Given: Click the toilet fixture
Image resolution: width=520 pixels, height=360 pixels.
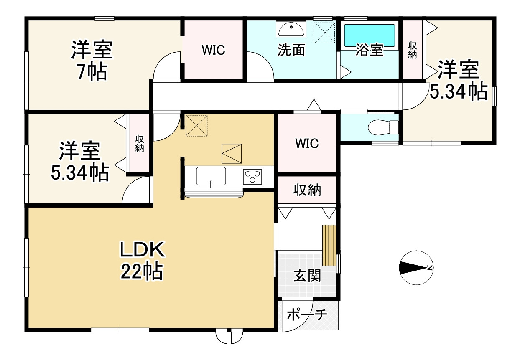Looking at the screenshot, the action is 383,127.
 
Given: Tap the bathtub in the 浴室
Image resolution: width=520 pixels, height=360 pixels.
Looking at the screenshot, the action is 370,36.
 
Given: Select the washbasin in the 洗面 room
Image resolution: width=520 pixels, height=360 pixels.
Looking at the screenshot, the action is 291,29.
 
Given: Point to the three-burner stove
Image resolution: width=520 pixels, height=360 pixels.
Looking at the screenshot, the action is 252,177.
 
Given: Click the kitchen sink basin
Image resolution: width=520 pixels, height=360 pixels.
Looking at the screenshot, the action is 211,176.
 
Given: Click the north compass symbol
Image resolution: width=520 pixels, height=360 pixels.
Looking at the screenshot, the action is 416,268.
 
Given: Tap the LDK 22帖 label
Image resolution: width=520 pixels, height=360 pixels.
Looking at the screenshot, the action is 142,261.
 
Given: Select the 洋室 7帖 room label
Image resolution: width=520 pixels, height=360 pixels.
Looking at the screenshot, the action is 92,60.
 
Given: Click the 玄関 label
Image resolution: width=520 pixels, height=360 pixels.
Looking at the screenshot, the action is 307,276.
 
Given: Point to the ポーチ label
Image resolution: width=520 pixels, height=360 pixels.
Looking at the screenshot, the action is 307,314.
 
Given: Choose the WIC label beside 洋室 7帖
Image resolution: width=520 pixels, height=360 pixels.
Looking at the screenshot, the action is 213,50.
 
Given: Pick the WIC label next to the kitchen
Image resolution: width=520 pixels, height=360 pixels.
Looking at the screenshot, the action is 307,143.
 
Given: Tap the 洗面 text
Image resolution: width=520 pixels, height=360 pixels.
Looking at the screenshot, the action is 291,50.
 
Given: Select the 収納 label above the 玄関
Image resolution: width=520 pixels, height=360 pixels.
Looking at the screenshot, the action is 307,190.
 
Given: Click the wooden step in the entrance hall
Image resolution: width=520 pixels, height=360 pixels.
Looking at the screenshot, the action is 329,245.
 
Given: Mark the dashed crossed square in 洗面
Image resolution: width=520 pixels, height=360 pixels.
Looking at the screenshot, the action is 324,33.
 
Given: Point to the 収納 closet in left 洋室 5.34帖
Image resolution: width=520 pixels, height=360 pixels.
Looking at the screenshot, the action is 139,143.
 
